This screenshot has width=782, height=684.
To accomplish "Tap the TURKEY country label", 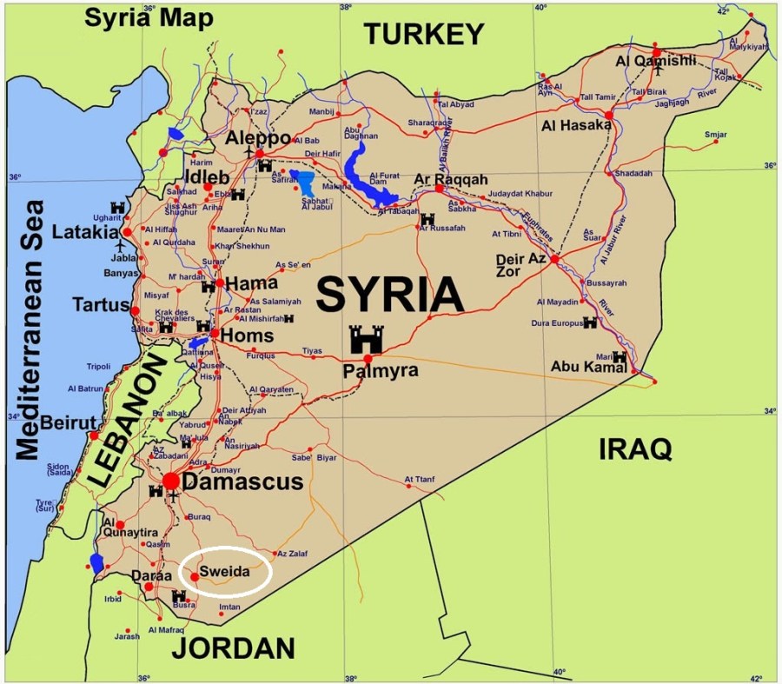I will (423, 34).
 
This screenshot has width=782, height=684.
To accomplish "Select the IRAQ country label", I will (635, 448).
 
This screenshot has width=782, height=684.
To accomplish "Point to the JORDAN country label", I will (232, 647).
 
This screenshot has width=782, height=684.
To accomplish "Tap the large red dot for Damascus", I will (171, 481).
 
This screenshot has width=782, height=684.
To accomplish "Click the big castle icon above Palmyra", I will (365, 339).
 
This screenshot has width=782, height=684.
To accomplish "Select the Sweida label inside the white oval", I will (224, 572).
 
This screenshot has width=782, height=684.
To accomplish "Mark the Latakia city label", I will (84, 232).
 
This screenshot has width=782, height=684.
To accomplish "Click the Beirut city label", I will (62, 422).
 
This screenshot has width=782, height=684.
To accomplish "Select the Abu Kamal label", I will (588, 367).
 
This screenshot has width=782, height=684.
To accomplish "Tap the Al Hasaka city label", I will (575, 125).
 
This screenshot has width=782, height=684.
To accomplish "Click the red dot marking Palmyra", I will (368, 358).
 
